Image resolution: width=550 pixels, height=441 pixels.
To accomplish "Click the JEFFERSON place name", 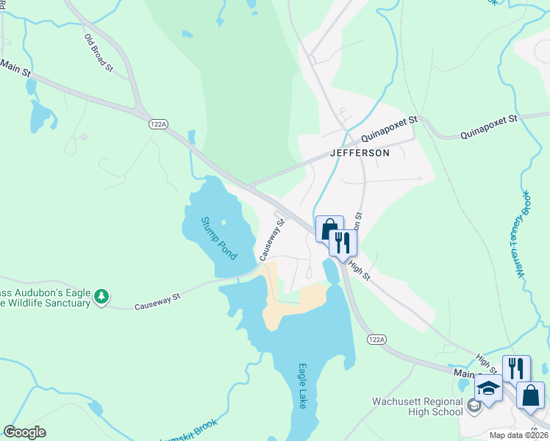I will (360, 153).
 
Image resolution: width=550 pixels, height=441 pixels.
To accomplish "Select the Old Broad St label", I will (99, 53).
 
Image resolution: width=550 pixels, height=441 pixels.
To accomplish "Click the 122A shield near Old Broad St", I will (156, 126).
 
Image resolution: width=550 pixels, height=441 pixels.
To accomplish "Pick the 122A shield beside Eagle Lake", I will (374, 340).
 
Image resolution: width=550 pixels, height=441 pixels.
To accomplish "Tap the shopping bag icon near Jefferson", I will (328, 228).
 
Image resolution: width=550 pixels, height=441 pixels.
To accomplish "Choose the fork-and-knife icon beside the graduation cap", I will (516, 368).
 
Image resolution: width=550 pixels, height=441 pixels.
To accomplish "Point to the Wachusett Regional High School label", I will (418, 406).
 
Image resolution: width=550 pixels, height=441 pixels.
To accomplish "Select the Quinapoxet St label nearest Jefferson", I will (391, 128).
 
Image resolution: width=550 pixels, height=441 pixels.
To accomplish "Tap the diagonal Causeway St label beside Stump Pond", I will (271, 239).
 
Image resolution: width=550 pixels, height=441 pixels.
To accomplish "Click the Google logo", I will (24, 432).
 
